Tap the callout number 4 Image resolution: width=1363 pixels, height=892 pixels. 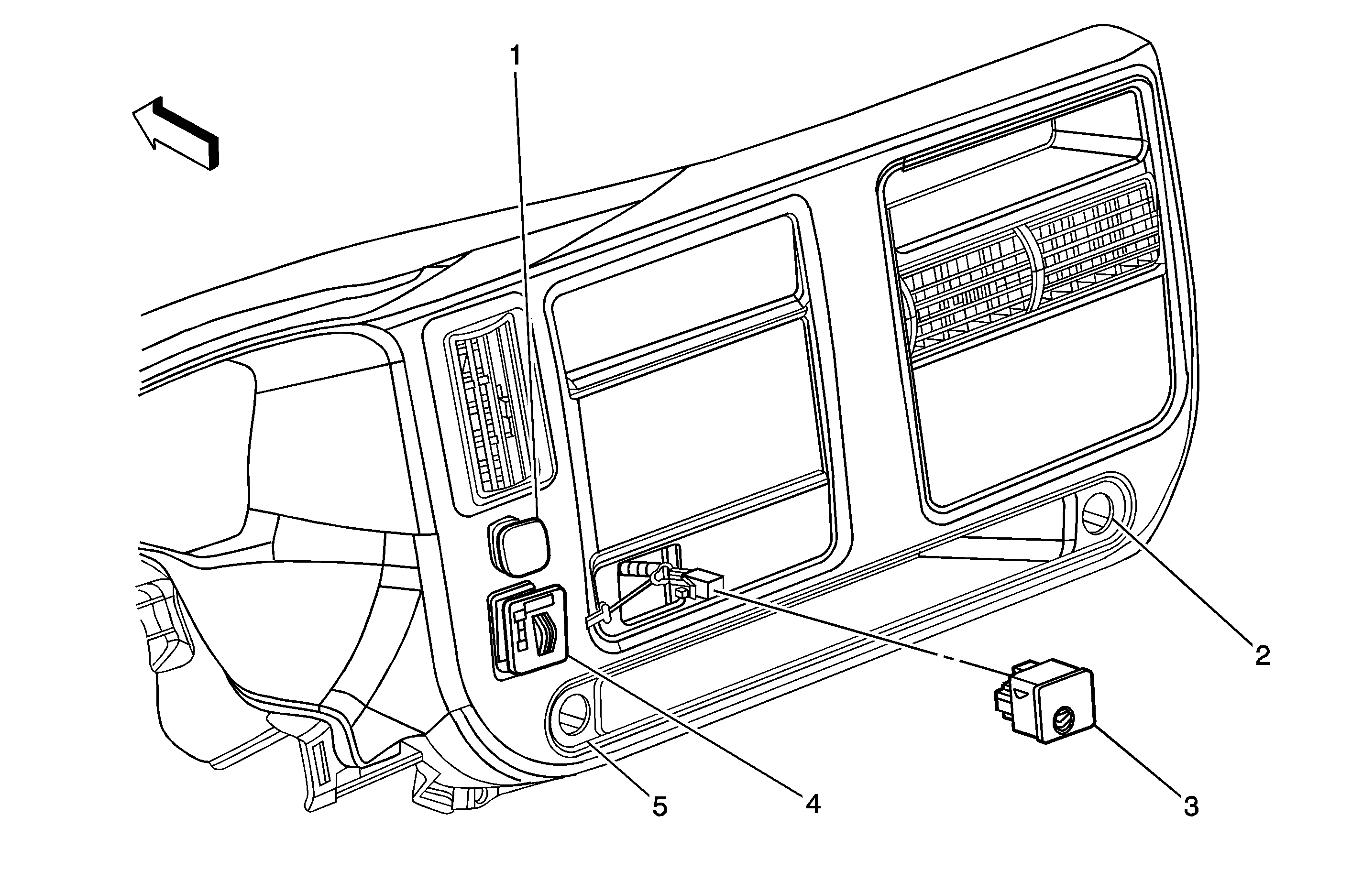(x=813, y=805)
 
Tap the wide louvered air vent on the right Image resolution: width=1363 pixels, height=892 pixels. (x=1025, y=275)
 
